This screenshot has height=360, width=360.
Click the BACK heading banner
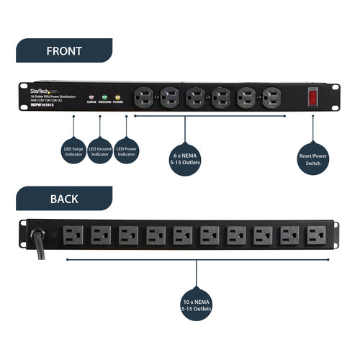(64, 198)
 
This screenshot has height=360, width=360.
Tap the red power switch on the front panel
(313, 96)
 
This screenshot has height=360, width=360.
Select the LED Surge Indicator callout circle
(73, 152)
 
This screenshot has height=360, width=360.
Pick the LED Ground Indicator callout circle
(100, 152)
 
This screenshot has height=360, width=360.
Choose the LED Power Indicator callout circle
(127, 152)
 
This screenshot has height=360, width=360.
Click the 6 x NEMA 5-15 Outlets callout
(185, 156)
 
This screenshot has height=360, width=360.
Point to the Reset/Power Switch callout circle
(313, 156)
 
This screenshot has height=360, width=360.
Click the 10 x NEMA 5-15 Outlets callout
(197, 305)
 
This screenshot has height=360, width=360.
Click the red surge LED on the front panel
(91, 96)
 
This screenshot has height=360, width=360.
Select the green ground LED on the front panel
(104, 96)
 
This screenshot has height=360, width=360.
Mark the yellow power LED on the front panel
(117, 96)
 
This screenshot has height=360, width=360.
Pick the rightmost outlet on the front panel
(271, 96)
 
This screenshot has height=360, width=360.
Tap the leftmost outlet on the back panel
(75, 235)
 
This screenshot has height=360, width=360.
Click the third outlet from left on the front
(195, 96)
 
